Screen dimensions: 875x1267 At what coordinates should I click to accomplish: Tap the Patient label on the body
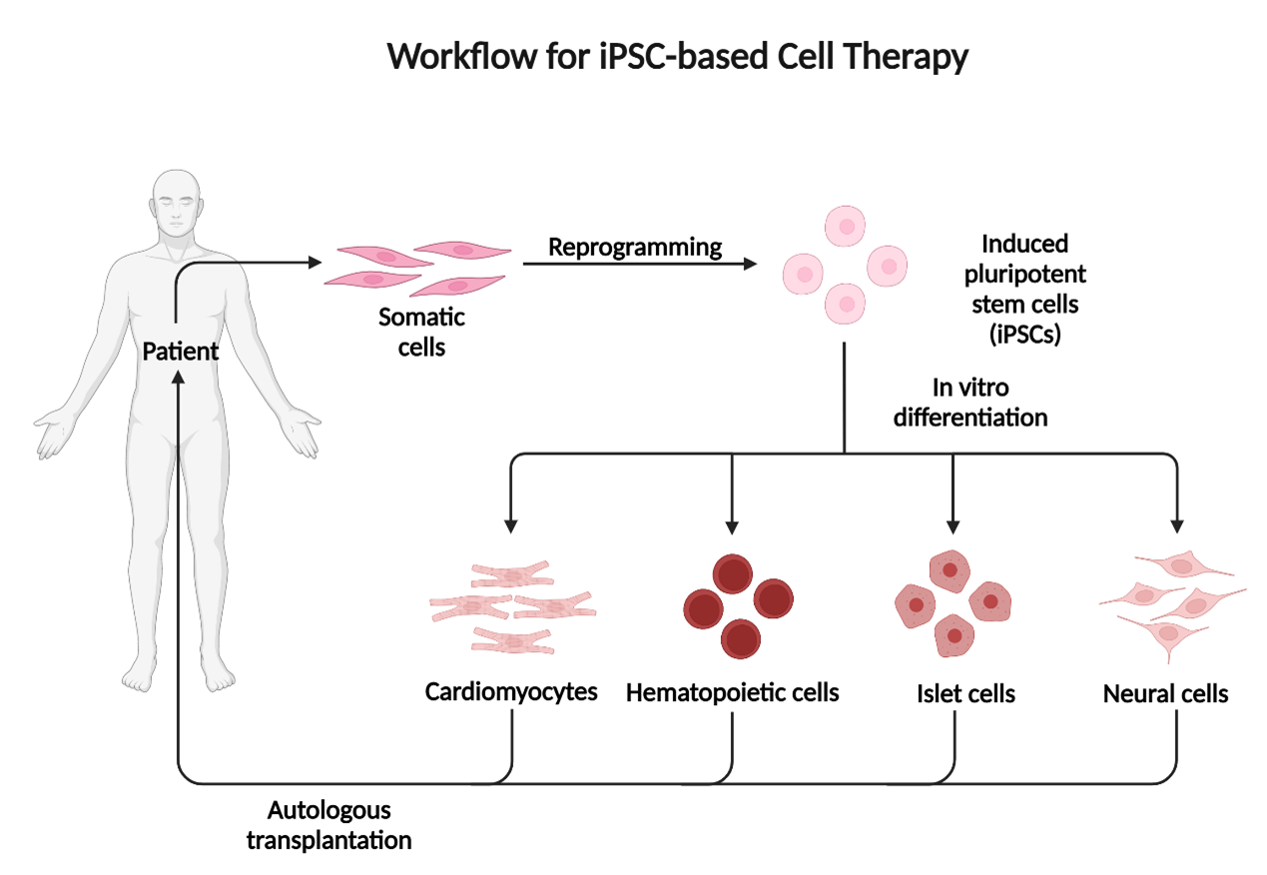coord(180,352)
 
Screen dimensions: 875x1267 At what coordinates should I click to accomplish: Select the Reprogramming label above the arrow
coord(635,247)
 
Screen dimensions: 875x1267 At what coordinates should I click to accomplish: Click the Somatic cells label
coord(421,333)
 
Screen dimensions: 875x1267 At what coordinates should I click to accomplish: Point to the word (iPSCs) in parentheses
coord(1024,335)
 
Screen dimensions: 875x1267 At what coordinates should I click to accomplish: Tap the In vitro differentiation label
coord(970,403)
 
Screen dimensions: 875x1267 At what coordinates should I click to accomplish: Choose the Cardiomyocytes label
coord(511,691)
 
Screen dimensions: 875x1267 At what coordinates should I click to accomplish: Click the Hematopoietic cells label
coord(732,691)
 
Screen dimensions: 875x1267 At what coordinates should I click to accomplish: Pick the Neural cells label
coord(1165,693)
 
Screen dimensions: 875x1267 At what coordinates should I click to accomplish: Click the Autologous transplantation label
coord(328,823)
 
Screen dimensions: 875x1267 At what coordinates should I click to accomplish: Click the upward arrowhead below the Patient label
coord(178,377)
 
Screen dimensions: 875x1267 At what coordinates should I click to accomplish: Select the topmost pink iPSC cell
coord(846,226)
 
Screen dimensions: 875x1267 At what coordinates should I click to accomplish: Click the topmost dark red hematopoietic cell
coord(732,573)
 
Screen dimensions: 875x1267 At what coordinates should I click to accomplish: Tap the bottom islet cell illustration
coord(953,635)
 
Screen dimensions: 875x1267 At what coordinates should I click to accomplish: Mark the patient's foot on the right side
coord(217,675)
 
